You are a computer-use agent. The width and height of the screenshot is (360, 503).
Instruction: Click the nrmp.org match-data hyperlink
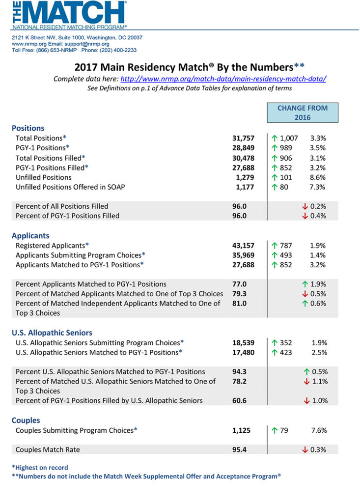[x=223, y=79]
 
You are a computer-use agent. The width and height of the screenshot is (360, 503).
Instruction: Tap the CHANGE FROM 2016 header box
[x=303, y=113]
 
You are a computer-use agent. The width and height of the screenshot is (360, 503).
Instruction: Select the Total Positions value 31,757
[x=244, y=139]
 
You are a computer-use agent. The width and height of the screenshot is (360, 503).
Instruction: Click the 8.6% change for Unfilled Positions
[x=319, y=177]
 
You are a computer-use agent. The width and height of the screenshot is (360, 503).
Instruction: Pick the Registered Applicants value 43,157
[x=244, y=245]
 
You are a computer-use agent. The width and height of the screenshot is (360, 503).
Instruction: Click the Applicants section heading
[x=30, y=236]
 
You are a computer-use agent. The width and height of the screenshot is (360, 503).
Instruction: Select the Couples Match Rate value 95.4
[x=241, y=449]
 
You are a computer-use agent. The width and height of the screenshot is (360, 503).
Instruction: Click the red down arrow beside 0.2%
[x=305, y=206]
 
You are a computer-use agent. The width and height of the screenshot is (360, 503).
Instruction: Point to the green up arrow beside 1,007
[x=275, y=139]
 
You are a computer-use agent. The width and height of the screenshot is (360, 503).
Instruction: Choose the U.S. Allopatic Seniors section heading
[x=52, y=333]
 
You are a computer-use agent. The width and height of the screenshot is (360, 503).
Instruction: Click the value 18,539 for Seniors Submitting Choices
[x=244, y=342]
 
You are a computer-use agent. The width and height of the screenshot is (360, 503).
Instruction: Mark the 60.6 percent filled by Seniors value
[x=241, y=401]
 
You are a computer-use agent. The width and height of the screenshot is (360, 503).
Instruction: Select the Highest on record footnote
[x=40, y=468]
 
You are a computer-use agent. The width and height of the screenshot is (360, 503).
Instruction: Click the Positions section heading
[x=28, y=128]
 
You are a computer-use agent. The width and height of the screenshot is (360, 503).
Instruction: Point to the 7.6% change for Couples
[x=319, y=431]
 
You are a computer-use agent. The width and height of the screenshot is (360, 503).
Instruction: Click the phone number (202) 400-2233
[x=118, y=50]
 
